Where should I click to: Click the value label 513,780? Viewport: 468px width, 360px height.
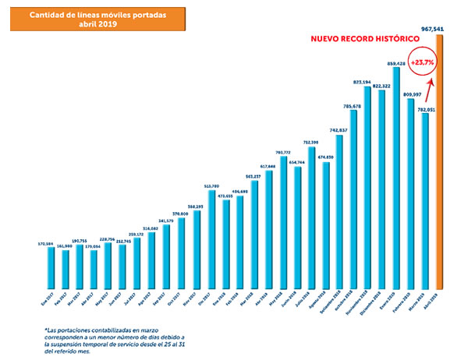[x=211, y=186]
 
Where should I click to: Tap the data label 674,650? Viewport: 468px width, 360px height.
[x=325, y=157]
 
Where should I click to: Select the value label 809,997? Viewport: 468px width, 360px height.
[x=410, y=94]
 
